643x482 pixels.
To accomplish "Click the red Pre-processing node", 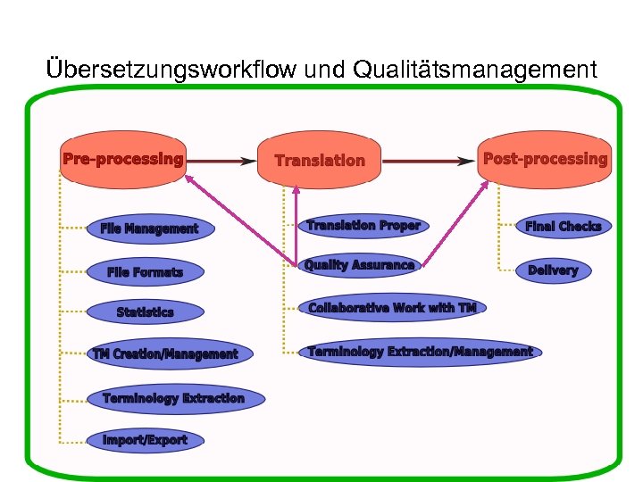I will (x=122, y=160).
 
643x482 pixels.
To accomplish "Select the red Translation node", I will (x=320, y=161).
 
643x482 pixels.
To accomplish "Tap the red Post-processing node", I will (x=545, y=159).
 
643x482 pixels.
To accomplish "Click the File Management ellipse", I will (x=150, y=229).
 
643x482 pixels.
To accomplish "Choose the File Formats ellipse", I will (x=145, y=271).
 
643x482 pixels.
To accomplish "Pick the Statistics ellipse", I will (x=145, y=312).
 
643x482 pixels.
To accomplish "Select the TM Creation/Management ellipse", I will (x=165, y=354).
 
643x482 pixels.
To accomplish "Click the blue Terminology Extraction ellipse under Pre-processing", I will (x=173, y=398).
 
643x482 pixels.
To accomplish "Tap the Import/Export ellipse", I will (x=145, y=439).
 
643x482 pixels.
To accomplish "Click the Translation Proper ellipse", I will (x=363, y=226).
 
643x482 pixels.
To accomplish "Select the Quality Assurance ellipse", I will (x=359, y=265).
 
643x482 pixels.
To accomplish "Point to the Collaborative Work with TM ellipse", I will (x=392, y=308).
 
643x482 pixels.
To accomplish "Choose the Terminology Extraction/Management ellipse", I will (x=420, y=352).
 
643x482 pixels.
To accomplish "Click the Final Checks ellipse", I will (x=564, y=227).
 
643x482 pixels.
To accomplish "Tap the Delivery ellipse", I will (x=553, y=270).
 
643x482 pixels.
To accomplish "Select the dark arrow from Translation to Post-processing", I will (x=429, y=161).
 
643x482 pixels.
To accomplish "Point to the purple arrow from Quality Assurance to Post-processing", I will (x=455, y=223).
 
